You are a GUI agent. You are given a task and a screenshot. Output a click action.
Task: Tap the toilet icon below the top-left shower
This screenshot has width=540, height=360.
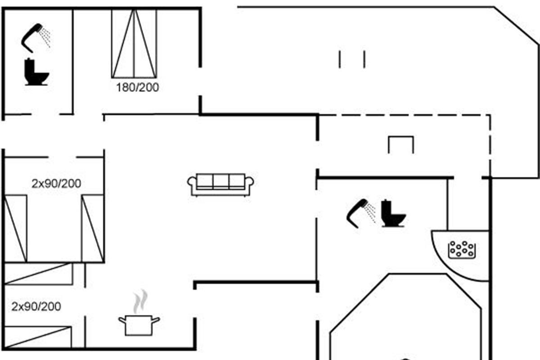pos(36,72)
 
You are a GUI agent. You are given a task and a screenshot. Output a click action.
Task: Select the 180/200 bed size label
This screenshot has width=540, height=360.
pos(137,87)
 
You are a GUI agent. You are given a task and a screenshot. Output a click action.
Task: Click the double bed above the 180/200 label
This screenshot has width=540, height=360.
pos(134,43)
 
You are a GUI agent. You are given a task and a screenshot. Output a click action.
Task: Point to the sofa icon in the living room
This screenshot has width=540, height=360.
pos(220,185)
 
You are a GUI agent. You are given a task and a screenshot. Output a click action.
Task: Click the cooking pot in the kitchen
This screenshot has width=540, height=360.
pos(139,325)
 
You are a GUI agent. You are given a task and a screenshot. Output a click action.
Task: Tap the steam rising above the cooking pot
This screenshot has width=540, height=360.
pos(140,301)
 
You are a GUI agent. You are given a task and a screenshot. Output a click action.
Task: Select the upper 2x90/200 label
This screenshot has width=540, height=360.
pos(56,184)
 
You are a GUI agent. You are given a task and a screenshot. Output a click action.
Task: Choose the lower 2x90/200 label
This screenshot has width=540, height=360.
pos(36,307)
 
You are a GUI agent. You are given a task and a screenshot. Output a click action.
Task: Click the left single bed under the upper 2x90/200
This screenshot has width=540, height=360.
pos(15,229)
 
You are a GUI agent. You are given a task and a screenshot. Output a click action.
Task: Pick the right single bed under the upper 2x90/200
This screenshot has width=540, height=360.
pos(93,228)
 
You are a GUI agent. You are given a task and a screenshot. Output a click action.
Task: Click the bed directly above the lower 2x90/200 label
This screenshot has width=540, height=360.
pos(39,274)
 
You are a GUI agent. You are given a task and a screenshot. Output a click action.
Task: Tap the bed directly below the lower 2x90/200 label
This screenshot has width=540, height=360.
pos(38,337)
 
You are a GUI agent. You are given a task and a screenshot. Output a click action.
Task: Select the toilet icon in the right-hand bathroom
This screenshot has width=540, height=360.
pos(393,213)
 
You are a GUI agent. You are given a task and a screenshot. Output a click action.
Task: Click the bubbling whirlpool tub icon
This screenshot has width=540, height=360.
pos(462,250)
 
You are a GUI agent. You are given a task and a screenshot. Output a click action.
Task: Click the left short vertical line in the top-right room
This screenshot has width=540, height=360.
pos(340,59)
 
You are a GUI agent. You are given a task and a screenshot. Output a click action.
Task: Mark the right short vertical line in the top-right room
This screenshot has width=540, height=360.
pos(364,59)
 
